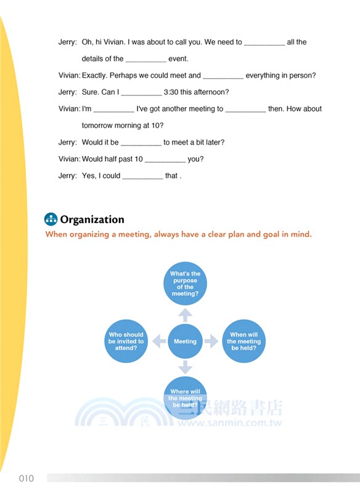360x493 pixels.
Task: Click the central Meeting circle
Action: click(185, 341)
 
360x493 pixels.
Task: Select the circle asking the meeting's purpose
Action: click(185, 283)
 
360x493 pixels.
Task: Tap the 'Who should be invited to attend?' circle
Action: click(126, 341)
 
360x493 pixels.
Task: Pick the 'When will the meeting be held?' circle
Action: click(244, 341)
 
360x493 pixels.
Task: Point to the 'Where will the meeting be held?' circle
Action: click(185, 397)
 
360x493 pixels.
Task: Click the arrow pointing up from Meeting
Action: click(185, 314)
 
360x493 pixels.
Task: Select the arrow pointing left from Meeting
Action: click(158, 341)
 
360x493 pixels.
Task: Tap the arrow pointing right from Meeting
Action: click(211, 341)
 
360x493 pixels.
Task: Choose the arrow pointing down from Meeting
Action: click(185, 368)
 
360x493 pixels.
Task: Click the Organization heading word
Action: click(92, 219)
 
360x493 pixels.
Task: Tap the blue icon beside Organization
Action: click(51, 219)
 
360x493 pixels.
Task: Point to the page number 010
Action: click(26, 478)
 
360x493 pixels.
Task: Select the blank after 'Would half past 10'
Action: click(165, 160)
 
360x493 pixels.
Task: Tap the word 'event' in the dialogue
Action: click(178, 59)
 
